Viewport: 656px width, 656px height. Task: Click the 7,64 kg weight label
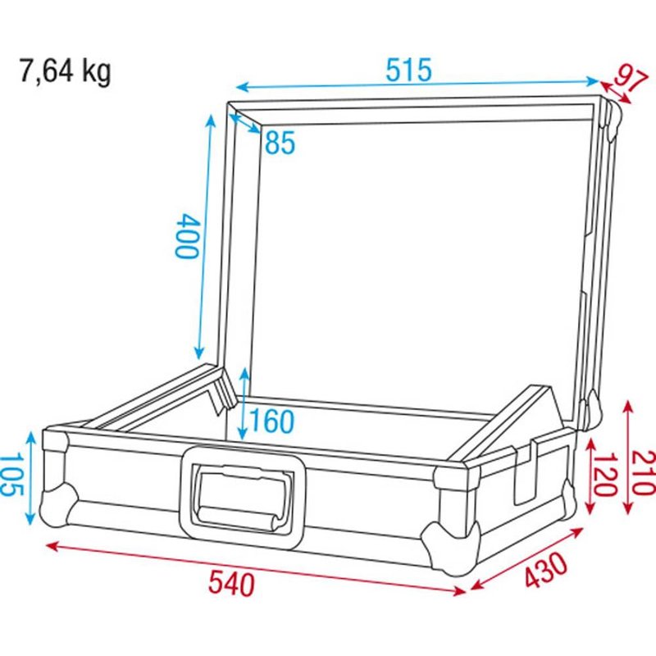[65, 71]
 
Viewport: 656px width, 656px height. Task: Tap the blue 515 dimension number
[408, 71]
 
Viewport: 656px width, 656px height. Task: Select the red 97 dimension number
[626, 80]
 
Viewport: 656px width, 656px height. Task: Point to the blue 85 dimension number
[279, 144]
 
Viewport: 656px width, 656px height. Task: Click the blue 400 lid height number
[187, 236]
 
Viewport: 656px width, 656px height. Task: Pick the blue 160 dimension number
[271, 421]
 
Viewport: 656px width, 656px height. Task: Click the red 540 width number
[231, 585]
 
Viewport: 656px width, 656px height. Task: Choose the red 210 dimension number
[644, 471]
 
